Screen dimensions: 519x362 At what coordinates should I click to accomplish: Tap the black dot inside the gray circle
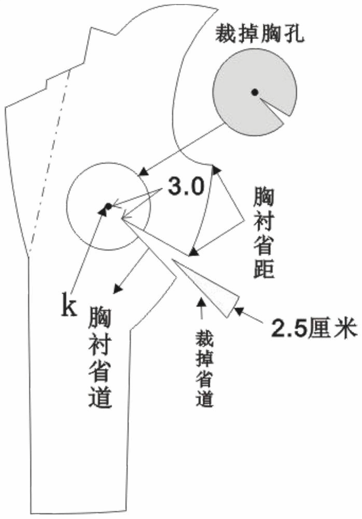coord(254,92)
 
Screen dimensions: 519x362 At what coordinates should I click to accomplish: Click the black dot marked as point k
coord(108,207)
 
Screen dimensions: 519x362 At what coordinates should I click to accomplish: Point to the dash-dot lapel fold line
coord(50,161)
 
